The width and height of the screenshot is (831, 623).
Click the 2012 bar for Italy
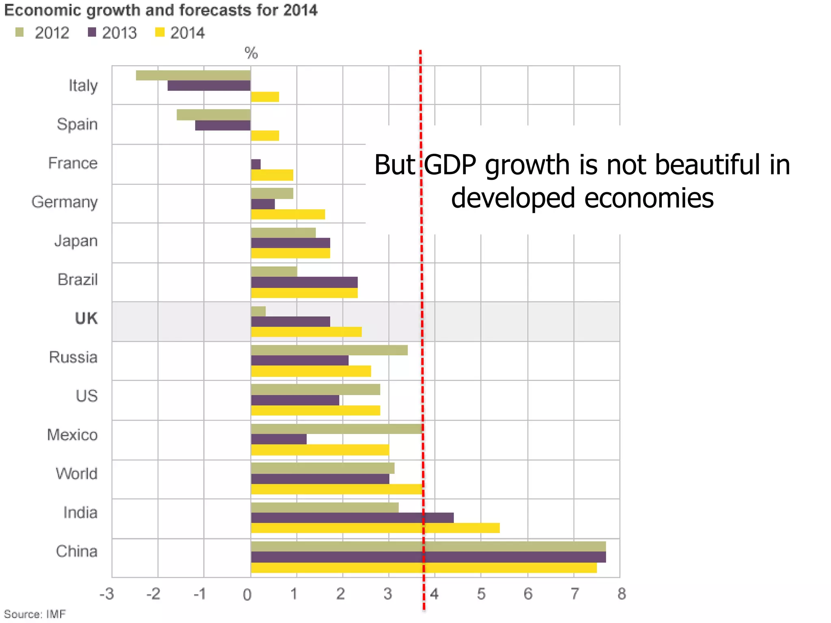point(193,75)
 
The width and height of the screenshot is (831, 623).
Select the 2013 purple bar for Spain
point(223,125)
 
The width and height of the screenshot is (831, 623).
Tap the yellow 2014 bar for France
point(272,175)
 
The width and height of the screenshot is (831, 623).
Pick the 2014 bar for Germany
point(288,214)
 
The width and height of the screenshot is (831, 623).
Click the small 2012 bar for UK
point(258,311)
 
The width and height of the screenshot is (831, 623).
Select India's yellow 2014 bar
point(375,528)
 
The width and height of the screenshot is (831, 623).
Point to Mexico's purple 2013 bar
point(279,439)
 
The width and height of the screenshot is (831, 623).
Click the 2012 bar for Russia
point(329,350)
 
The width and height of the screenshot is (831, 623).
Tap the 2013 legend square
point(92,32)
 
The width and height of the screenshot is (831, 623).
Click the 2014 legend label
point(187,33)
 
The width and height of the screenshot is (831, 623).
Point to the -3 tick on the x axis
point(107,594)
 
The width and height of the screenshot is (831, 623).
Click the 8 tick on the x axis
point(622,594)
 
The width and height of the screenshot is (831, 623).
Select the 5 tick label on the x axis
point(481,594)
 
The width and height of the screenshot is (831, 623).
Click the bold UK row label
point(86,318)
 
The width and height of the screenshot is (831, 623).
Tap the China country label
point(77,551)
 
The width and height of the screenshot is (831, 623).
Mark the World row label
point(77,474)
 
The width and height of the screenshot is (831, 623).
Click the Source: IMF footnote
point(35,614)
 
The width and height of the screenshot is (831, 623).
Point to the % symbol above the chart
point(251,53)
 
